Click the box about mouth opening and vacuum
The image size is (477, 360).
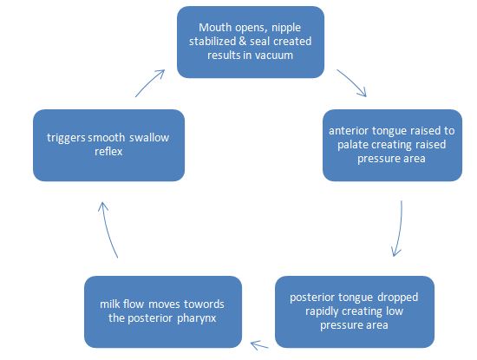click(250, 42)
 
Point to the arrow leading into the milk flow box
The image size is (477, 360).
click(258, 344)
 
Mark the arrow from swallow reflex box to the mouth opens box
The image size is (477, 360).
click(149, 82)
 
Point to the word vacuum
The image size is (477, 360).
click(274, 56)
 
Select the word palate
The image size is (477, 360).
click(351, 145)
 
